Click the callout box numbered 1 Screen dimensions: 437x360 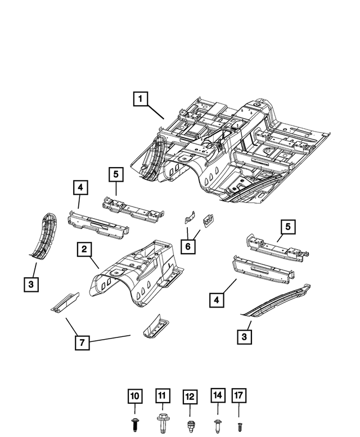[x=141, y=100]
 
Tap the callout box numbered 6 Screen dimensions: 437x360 [x=188, y=245]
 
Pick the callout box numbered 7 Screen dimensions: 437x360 [x=83, y=342]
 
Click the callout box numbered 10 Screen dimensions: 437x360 [x=136, y=397]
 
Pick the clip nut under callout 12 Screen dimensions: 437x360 [x=190, y=423]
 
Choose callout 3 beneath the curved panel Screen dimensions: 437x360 [x=32, y=285]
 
